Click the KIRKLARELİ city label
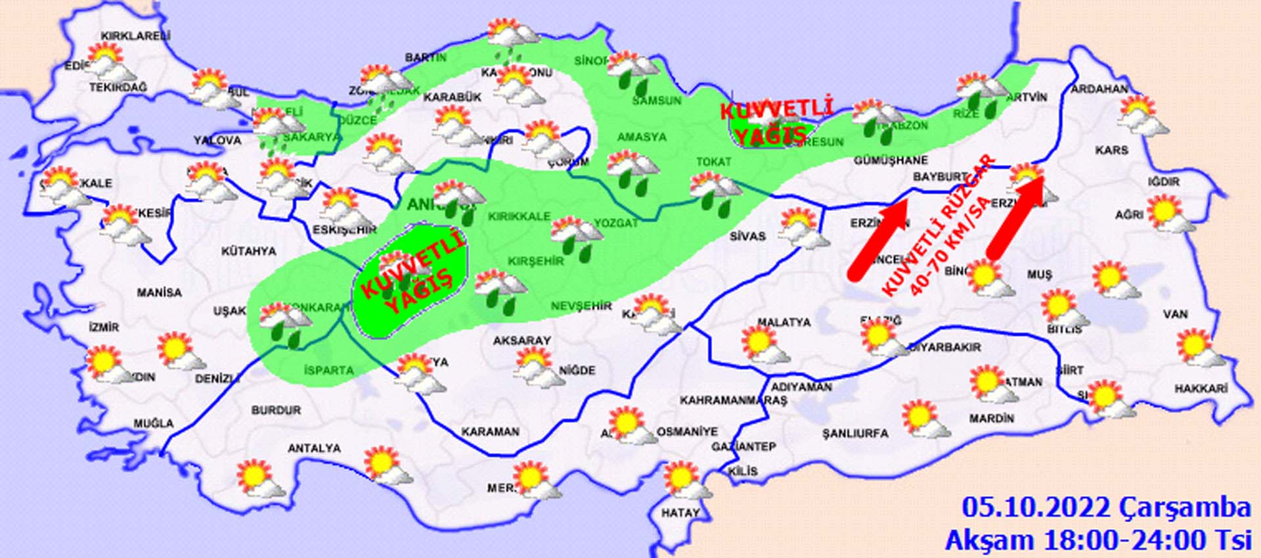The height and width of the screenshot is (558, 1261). [x=135, y=36]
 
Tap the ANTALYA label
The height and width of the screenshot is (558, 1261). [x=314, y=448]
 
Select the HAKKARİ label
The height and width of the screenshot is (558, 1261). [x=1201, y=389]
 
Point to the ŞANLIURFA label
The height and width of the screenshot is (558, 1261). [x=855, y=434]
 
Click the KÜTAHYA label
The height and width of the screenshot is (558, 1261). [x=248, y=251]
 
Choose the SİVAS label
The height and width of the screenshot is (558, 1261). [x=747, y=236]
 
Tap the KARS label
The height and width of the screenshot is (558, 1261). [x=1111, y=151]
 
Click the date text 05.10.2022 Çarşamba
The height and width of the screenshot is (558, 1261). [x=1106, y=508]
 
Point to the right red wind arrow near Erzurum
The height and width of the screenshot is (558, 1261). [x=1015, y=217]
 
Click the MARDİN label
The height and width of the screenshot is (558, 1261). [x=991, y=418]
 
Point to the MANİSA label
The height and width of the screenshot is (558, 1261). [x=159, y=292]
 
